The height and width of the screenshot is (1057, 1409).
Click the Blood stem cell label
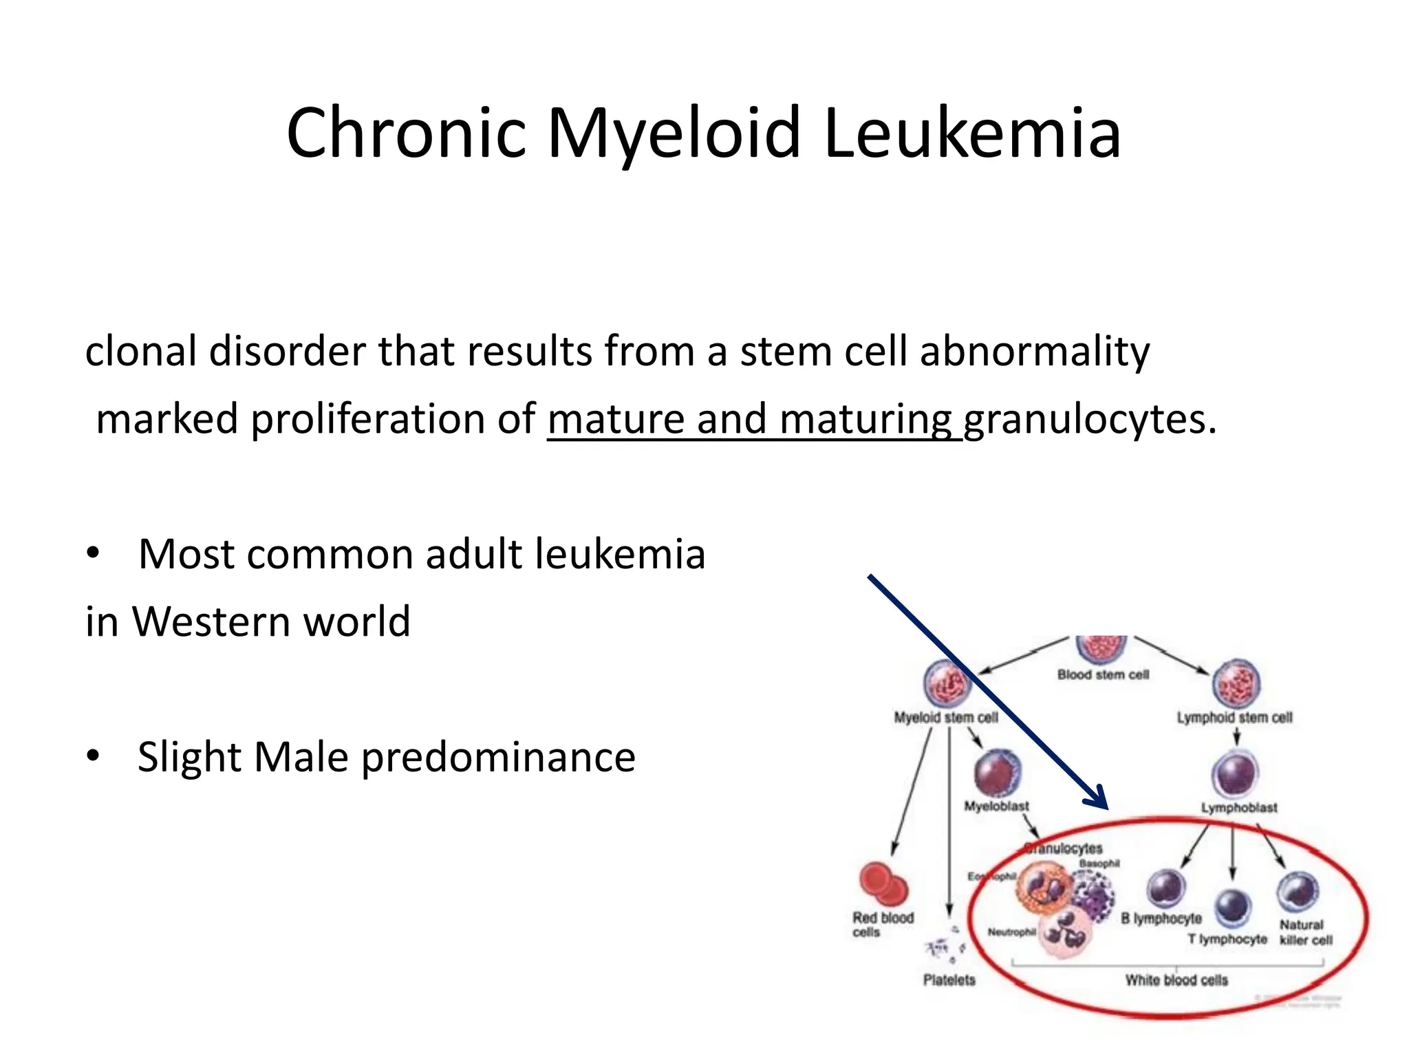(1103, 675)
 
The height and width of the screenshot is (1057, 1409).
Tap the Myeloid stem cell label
(945, 718)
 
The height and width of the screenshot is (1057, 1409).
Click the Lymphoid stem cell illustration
(1236, 684)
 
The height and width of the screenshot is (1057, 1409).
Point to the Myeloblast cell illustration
(997, 772)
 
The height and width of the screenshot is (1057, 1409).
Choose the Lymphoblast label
(1239, 808)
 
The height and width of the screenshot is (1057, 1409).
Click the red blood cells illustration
(883, 884)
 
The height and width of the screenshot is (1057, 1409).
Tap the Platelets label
(949, 980)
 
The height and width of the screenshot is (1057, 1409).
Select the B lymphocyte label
(1161, 919)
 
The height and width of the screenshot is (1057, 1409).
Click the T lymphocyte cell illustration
(1232, 907)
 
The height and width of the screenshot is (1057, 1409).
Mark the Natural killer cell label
(1305, 932)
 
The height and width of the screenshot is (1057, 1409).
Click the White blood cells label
(1176, 980)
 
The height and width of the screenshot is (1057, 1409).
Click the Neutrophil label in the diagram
(1011, 932)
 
